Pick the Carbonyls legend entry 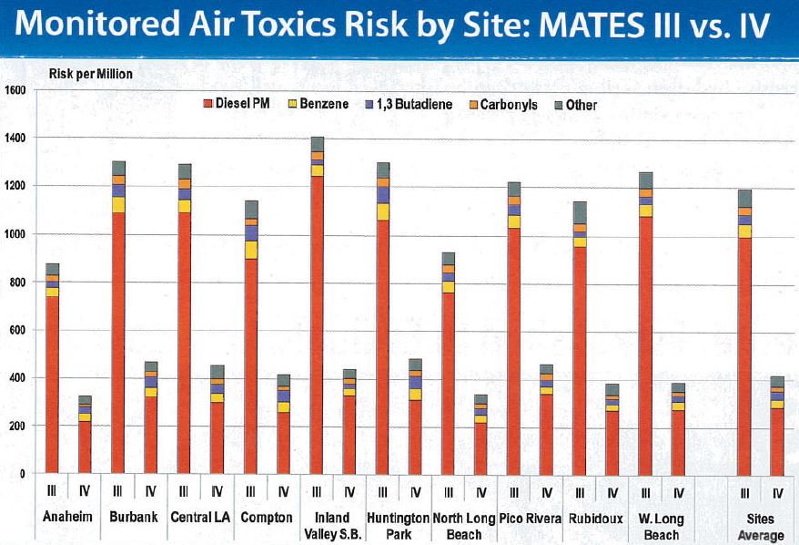tap(504, 104)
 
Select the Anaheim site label tap(68, 517)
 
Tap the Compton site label tap(267, 517)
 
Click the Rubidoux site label tap(597, 517)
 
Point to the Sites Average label tap(760, 526)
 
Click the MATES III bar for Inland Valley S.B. tap(317, 310)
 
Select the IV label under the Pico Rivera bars tap(546, 492)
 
